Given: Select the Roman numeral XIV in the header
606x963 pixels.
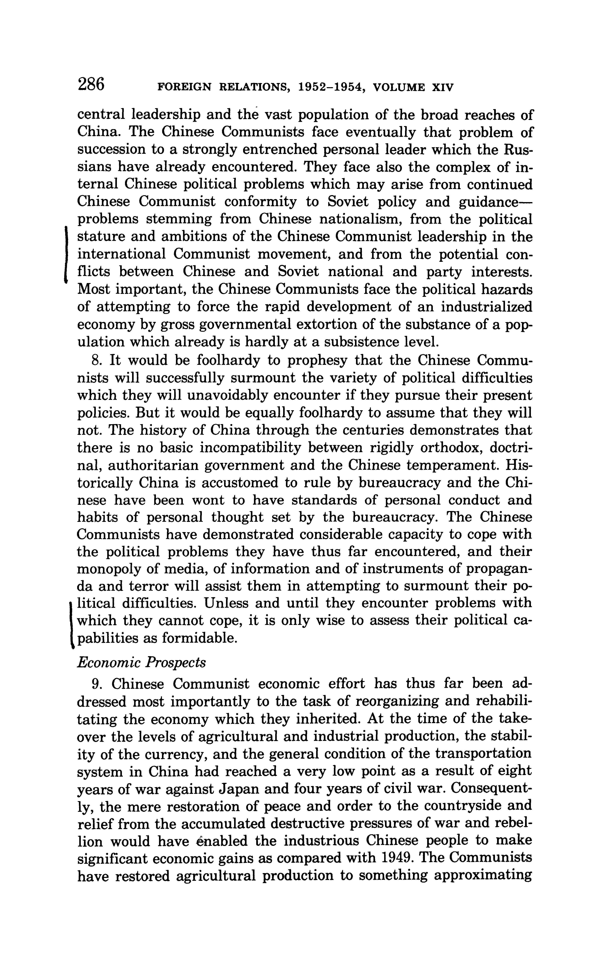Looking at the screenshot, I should [442, 87].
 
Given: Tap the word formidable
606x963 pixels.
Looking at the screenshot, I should [200, 638].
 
